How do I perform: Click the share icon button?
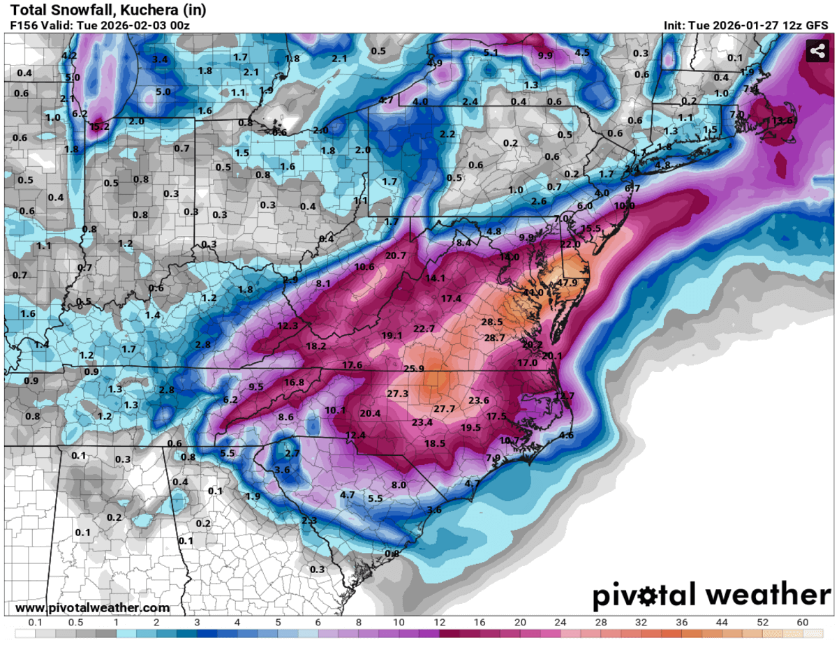pos(817,51)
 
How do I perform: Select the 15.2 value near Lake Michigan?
pos(98,126)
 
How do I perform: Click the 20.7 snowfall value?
pos(395,255)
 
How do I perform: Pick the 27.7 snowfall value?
pos(444,408)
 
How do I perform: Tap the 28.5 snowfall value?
pos(492,322)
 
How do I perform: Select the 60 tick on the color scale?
pos(802,623)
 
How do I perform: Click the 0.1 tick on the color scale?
pos(33,623)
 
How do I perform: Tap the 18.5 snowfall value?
pos(434,443)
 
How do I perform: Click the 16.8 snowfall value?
pos(293,382)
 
